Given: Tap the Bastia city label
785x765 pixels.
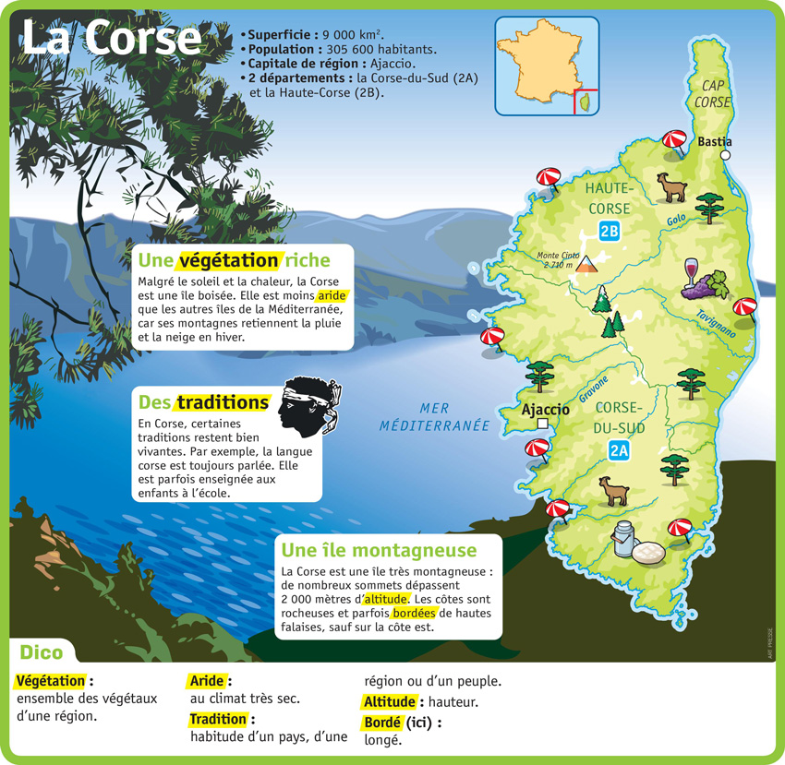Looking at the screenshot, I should (x=715, y=141).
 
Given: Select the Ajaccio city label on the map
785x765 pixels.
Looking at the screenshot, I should (x=545, y=410).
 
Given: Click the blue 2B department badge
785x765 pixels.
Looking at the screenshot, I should (x=609, y=232).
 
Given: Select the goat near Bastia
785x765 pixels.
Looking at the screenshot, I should (x=670, y=186).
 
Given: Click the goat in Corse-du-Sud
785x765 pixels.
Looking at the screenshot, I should (x=612, y=490).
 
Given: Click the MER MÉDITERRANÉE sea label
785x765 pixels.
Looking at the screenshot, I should (x=434, y=417).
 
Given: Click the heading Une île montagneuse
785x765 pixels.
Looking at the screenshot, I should (x=379, y=551).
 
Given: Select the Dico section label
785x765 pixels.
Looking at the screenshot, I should (x=42, y=652).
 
